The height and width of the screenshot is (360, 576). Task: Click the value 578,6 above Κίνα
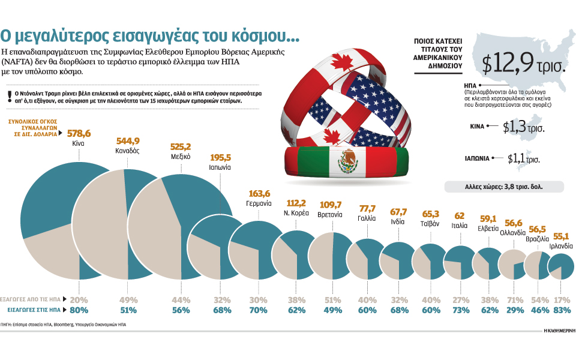coord(79,133)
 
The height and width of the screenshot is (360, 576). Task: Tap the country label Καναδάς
coord(127,151)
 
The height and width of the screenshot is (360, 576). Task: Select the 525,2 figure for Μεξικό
coord(180,146)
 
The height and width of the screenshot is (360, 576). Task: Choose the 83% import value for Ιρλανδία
coord(562,310)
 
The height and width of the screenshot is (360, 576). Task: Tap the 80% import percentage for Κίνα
coord(79,310)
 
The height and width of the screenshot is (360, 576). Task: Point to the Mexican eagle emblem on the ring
coord(346,161)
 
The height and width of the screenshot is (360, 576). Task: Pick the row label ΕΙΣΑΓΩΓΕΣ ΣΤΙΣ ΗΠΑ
coord(34,310)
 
